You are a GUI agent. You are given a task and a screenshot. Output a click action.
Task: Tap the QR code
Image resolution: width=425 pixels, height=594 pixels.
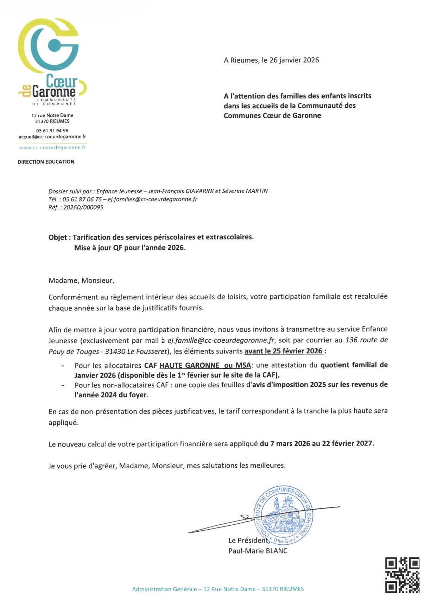tap(402, 575)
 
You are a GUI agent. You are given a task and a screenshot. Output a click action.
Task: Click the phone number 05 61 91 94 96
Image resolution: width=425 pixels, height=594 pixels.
tap(52, 131)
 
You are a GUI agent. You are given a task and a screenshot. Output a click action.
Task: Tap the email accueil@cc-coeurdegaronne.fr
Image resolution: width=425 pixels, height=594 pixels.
tap(52, 137)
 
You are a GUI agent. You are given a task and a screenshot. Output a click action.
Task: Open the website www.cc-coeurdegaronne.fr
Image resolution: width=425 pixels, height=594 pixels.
tap(52, 148)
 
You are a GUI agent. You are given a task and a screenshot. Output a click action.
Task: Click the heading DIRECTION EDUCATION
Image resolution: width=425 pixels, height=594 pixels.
tap(46, 162)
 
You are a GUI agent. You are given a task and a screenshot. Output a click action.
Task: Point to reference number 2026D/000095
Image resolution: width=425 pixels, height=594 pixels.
tap(83, 207)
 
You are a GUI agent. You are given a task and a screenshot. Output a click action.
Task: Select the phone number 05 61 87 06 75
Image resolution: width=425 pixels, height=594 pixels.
tap(82, 199)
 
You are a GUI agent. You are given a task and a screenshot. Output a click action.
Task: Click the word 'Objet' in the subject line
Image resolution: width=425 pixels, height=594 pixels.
tap(57, 238)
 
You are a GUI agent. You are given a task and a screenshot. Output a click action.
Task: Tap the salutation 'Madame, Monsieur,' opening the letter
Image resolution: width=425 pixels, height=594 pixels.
tap(81, 281)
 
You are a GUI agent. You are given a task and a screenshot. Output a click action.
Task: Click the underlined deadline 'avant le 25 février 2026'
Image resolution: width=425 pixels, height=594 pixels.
tap(284, 351)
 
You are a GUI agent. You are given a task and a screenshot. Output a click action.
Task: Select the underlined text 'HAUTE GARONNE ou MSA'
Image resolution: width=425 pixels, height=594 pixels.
tap(205, 365)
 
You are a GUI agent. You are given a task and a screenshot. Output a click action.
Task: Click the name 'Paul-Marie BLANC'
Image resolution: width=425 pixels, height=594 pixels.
tap(258, 551)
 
